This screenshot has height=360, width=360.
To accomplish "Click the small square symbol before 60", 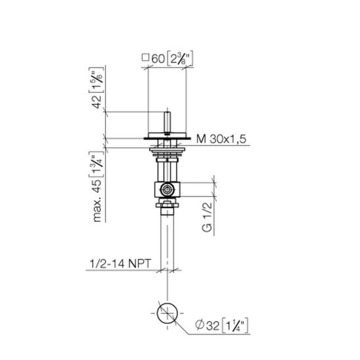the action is [x=145, y=57].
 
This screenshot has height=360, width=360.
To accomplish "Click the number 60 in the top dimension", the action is [x=158, y=58].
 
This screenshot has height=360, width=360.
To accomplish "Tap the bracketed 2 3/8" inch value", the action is [x=179, y=58].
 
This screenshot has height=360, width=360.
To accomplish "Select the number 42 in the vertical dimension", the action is [x=97, y=101].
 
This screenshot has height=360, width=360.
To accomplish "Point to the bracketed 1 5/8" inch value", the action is [x=97, y=80].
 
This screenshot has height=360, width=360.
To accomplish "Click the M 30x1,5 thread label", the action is [x=221, y=139].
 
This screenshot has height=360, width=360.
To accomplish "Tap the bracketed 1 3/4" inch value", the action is [x=97, y=165].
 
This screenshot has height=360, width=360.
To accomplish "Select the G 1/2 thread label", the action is [x=207, y=217].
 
